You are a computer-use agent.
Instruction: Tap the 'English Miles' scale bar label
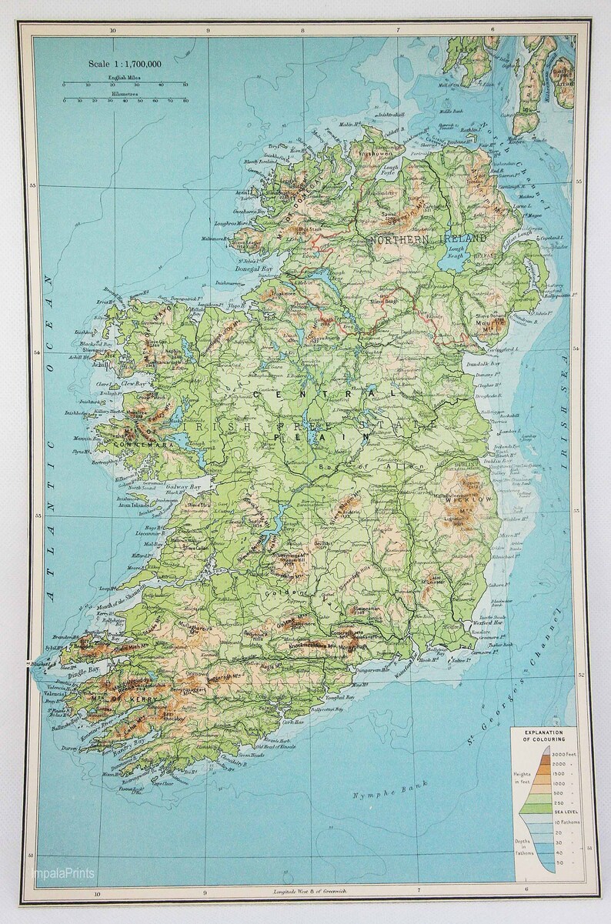[125, 79]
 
